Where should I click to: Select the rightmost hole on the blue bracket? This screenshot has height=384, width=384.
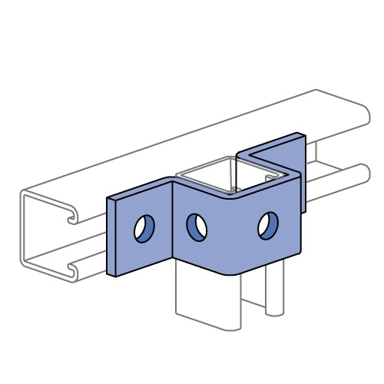point(266,224)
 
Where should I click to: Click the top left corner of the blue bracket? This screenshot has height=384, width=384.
point(108,197)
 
